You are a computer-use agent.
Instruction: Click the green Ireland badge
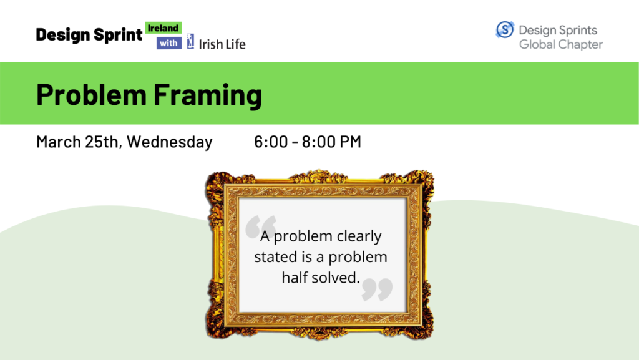coord(163,28)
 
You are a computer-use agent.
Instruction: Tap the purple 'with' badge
coord(168,43)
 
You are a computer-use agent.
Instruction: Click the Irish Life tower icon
coord(190,42)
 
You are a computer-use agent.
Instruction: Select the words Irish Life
coord(222,44)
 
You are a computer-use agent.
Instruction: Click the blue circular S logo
coord(505,30)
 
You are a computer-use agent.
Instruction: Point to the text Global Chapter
coord(560,44)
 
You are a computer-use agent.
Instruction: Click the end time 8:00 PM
coord(331,142)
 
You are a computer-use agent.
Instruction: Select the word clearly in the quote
coord(359,236)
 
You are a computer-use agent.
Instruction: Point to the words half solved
coord(320,278)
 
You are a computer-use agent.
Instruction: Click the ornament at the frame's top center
coord(319,176)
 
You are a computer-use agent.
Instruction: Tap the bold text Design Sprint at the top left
coord(89,35)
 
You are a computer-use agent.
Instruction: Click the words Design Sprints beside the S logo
coord(557,30)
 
